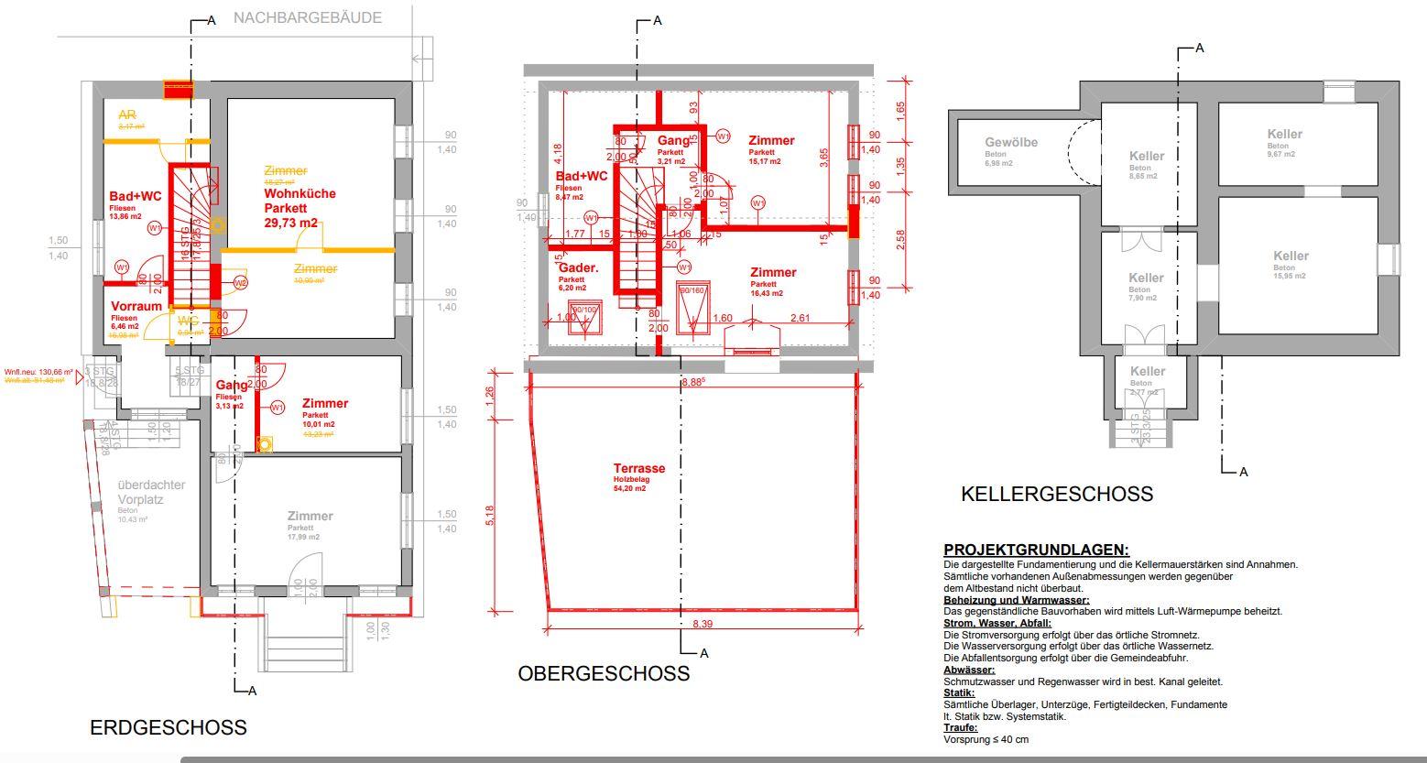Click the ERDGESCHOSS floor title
(x=168, y=727)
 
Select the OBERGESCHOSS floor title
(x=604, y=674)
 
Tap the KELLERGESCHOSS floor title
(x=1056, y=495)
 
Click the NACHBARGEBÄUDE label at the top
(x=307, y=17)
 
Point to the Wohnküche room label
(x=300, y=193)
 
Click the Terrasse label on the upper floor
(x=639, y=468)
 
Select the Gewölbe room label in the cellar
(x=1011, y=143)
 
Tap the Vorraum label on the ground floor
(x=136, y=306)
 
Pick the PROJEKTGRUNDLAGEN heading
(x=1036, y=550)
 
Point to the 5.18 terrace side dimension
(x=490, y=516)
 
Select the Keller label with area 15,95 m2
(x=1291, y=256)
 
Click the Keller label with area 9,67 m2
(x=1284, y=134)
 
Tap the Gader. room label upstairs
(x=578, y=268)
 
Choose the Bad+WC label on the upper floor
(x=582, y=176)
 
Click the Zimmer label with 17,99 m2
(x=310, y=516)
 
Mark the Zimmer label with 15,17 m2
(x=771, y=140)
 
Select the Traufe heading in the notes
(x=960, y=727)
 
